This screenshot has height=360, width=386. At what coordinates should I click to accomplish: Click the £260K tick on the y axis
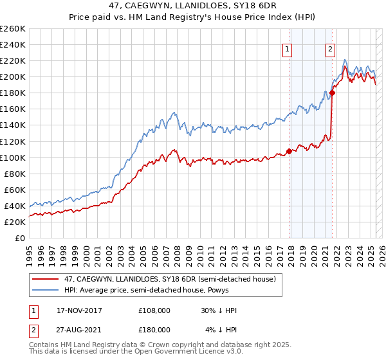[x=13, y=29]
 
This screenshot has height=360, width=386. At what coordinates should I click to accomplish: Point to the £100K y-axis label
[x=13, y=157]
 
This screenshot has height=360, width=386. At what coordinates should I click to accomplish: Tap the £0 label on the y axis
[x=20, y=238]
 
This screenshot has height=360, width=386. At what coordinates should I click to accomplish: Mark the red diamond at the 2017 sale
[x=289, y=151]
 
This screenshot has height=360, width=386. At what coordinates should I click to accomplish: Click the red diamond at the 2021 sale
[x=332, y=93]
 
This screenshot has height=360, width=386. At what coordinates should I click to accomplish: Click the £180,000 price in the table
[x=154, y=329]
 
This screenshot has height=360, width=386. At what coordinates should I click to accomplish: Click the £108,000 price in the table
[x=154, y=310]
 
